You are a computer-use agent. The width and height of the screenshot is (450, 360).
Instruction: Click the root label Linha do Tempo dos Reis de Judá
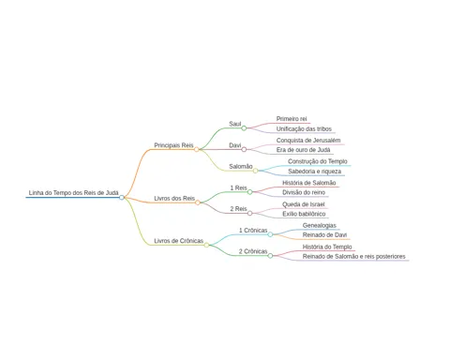(73, 193)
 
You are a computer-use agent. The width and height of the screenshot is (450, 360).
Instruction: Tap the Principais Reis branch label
(173, 145)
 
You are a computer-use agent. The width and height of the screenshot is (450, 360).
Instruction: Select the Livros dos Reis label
(174, 199)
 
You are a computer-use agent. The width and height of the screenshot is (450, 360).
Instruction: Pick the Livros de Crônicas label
(179, 241)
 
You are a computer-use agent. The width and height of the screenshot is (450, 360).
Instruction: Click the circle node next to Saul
(244, 128)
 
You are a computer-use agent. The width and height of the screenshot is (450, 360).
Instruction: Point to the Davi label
(235, 145)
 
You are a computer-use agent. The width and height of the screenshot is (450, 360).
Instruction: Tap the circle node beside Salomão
(256, 171)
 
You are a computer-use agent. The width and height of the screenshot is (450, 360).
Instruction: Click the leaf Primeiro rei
(292, 119)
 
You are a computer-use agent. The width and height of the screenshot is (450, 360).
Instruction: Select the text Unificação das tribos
(304, 128)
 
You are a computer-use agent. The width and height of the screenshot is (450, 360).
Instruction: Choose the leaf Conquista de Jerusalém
(308, 141)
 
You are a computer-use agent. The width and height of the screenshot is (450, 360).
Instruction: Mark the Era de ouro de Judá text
(303, 150)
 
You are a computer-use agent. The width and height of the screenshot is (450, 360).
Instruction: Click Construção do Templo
(318, 161)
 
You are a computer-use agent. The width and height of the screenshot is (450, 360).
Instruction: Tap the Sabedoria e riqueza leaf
(315, 172)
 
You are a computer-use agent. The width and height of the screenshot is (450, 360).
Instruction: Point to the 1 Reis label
(238, 187)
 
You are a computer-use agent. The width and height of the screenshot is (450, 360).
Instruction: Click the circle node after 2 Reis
(250, 213)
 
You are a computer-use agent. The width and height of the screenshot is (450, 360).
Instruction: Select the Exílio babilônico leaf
(304, 214)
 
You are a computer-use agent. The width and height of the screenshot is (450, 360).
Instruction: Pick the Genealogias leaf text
(320, 225)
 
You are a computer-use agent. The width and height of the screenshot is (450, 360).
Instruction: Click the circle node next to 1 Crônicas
(270, 234)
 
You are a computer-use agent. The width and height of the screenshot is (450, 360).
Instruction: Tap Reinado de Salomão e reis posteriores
(353, 257)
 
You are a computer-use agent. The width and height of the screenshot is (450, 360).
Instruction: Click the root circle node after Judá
(122, 197)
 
